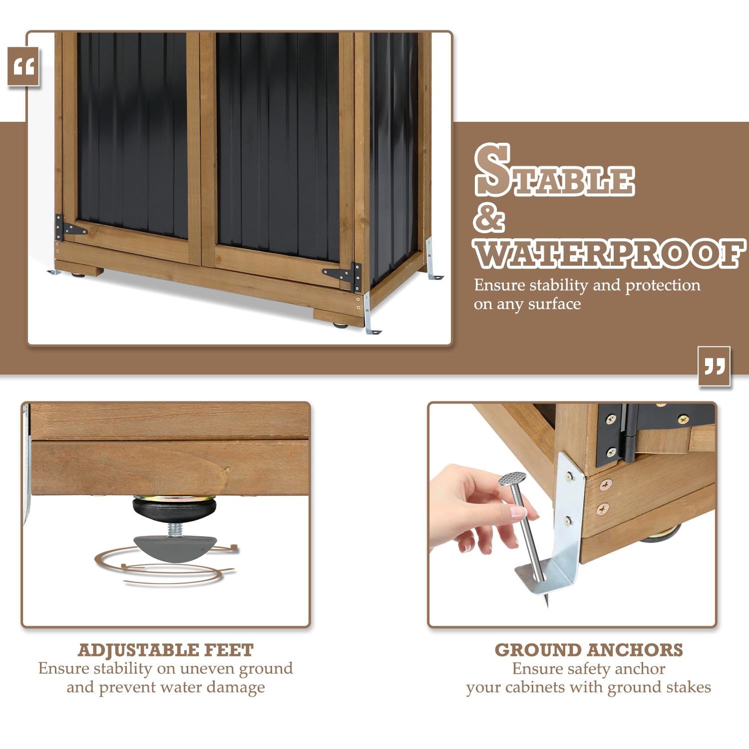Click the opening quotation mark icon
coord(23,66)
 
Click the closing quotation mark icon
coord(714,366)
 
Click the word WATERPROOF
coord(609,253)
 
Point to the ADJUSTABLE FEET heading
coord(166,650)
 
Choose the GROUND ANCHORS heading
coord(589,650)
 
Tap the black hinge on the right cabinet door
coord(345,276)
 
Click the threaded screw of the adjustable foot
coord(174,528)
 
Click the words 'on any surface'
coord(527,304)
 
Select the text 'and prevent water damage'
coord(166,688)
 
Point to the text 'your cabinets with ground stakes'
coord(589,688)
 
